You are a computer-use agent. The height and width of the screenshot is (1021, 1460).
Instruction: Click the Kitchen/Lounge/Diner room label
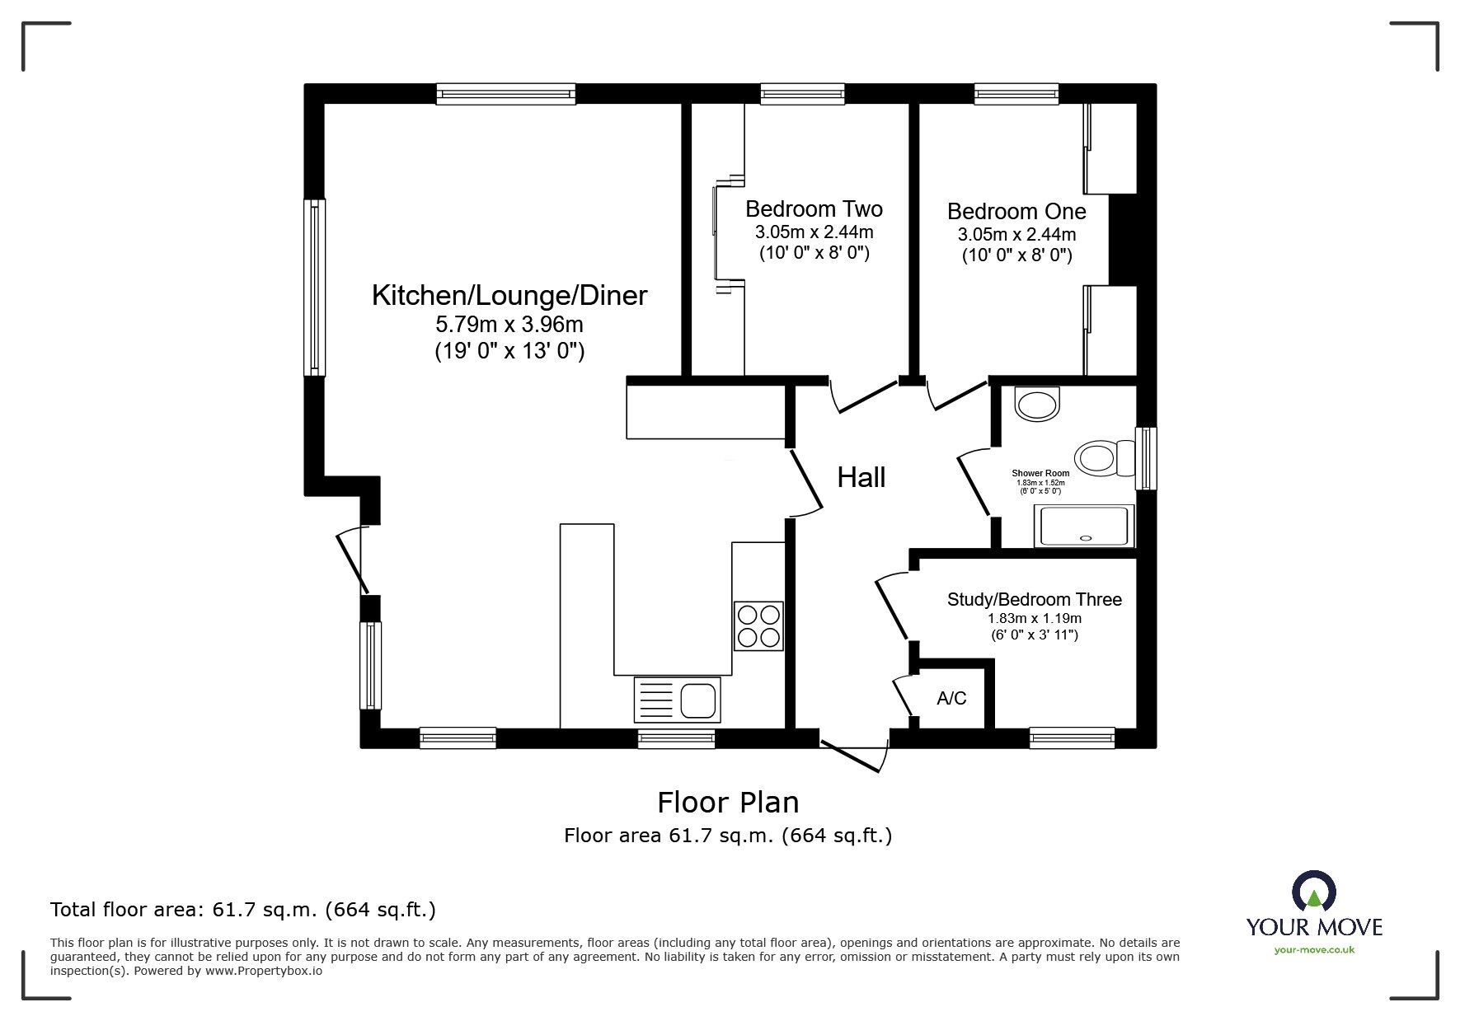509,295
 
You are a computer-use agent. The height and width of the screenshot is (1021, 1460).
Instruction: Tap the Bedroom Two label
813,209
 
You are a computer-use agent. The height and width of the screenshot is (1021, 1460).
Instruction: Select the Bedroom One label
1016,212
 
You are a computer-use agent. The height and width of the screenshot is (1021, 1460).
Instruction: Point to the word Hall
861,477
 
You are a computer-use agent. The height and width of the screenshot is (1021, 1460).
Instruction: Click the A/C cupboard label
951,699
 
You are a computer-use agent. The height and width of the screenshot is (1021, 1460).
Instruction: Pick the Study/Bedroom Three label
1034,600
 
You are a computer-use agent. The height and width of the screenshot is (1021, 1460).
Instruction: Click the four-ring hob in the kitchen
758,626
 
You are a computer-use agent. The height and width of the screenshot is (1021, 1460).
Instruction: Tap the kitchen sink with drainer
676,700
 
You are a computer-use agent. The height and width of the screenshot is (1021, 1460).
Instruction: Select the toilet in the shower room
1103,457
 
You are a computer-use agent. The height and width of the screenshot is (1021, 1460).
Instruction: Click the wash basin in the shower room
1037,405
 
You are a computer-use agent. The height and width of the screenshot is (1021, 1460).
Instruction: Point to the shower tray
1084,527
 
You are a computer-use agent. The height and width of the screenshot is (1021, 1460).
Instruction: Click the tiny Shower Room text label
1040,474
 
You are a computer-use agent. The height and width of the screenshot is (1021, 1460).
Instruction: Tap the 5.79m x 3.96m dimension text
509,325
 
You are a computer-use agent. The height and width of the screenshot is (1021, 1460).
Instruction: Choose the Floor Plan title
727,802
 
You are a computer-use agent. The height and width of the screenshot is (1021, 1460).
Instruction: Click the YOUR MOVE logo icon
1313,892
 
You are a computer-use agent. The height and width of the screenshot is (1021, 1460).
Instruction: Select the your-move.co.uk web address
1314,950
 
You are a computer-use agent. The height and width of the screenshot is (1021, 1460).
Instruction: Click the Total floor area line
242,910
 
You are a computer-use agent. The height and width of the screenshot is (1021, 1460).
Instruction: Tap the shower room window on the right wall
1145,458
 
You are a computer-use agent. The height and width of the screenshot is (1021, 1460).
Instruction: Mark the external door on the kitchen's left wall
353,560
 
